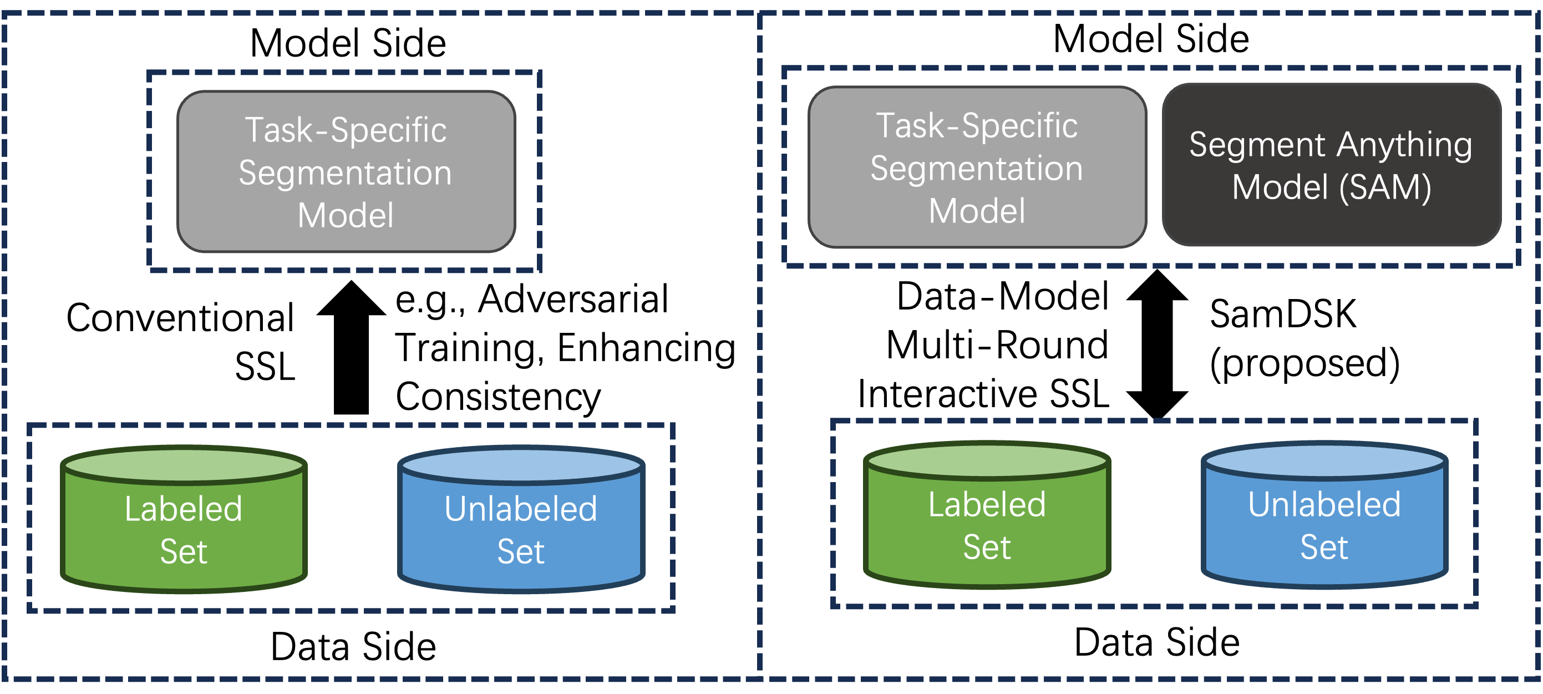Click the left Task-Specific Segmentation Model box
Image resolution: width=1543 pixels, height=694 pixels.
pyautogui.click(x=346, y=172)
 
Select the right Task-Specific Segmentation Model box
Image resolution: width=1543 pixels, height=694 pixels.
pyautogui.click(x=977, y=168)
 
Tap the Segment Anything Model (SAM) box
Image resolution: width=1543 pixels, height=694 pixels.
pyautogui.click(x=1331, y=165)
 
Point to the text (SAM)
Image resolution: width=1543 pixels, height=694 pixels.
pyautogui.click(x=1385, y=188)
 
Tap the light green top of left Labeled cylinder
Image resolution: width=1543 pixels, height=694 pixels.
pyautogui.click(x=184, y=464)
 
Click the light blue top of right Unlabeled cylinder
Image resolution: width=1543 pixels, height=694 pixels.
pyautogui.click(x=1324, y=460)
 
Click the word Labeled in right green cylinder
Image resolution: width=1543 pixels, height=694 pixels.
pyautogui.click(x=987, y=505)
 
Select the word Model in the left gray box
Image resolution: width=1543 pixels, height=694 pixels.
pyautogui.click(x=346, y=215)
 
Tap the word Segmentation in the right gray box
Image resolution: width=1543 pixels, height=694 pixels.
pyautogui.click(x=976, y=169)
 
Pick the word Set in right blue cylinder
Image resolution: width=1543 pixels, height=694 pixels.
pyautogui.click(x=1324, y=547)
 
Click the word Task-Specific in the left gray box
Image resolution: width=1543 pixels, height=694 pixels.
pyautogui.click(x=346, y=130)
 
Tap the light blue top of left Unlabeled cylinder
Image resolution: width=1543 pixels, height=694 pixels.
pyautogui.click(x=521, y=464)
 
